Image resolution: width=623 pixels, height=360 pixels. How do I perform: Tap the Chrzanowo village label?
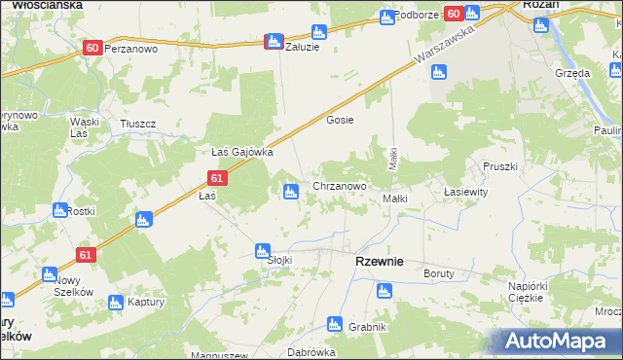pyautogui.click(x=339, y=185)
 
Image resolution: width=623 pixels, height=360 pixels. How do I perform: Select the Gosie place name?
pyautogui.click(x=339, y=120)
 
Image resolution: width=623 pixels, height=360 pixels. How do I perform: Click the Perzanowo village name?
pyautogui.click(x=130, y=47)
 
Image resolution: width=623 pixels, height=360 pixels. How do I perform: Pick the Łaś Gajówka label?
pyautogui.click(x=241, y=152)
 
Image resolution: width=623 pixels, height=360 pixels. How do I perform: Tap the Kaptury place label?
pyautogui.click(x=144, y=302)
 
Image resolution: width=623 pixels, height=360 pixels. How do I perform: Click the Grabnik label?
pyautogui.click(x=367, y=326)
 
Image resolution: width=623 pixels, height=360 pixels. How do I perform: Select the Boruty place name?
pyautogui.click(x=438, y=273)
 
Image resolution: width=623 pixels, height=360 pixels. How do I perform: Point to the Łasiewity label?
pyautogui.click(x=464, y=192)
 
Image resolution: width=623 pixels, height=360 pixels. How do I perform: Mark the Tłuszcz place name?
pyautogui.click(x=137, y=124)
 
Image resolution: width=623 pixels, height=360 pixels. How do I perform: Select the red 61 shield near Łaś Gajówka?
pyautogui.click(x=217, y=178)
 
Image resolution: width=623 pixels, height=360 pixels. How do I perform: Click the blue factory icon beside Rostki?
pyautogui.click(x=59, y=210)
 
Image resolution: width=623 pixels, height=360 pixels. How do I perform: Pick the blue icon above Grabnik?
pyautogui.click(x=385, y=290)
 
